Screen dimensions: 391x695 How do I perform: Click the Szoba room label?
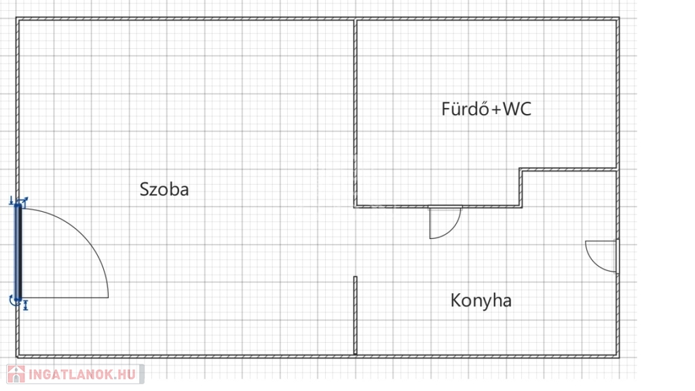click(x=164, y=189)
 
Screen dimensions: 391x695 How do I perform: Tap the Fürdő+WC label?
click(x=486, y=109)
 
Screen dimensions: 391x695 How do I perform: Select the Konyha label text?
click(x=481, y=301)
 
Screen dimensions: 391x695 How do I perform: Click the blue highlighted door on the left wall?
click(x=18, y=251)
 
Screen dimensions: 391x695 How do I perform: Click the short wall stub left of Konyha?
click(x=355, y=315)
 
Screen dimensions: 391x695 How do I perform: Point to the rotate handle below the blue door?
click(x=16, y=301)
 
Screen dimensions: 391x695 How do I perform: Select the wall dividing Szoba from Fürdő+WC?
click(x=355, y=112)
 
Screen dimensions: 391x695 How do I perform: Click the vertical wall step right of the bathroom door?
click(x=521, y=187)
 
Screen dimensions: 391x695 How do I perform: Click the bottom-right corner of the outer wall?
click(x=617, y=354)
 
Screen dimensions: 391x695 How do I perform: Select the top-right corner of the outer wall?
click(x=617, y=20)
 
